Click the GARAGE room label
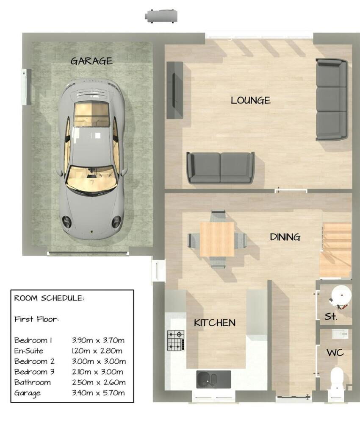tap(91, 61)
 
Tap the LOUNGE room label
tap(250, 100)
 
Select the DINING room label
tap(285, 237)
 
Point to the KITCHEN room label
tap(214, 323)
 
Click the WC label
tap(335, 353)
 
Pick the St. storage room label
tap(331, 317)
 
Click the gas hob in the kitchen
tap(176, 339)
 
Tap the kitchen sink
tap(213, 379)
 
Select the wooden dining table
tap(217, 239)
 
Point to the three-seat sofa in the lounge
tap(332, 100)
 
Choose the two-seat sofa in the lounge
tap(221, 167)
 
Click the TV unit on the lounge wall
tap(174, 90)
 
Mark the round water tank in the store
tap(341, 295)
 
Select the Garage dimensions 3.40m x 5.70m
tap(98, 393)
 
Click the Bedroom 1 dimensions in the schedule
tap(98, 340)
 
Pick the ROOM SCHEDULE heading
tap(49, 298)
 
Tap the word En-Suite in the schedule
tap(29, 351)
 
